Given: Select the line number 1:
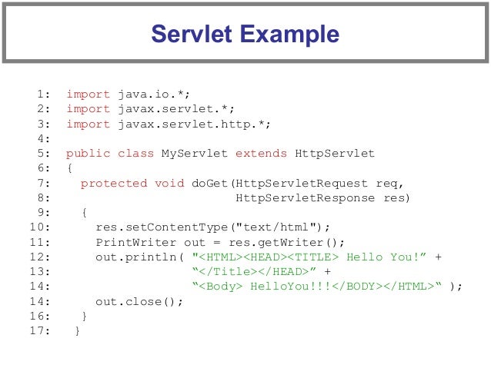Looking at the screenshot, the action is click(x=43, y=94).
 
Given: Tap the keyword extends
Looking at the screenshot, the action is click(x=262, y=154).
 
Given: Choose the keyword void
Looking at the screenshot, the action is click(x=169, y=183).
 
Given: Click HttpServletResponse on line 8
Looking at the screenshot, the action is click(x=306, y=197).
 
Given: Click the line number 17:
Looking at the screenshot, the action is click(x=40, y=331).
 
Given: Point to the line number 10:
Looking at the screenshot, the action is click(x=40, y=227).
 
